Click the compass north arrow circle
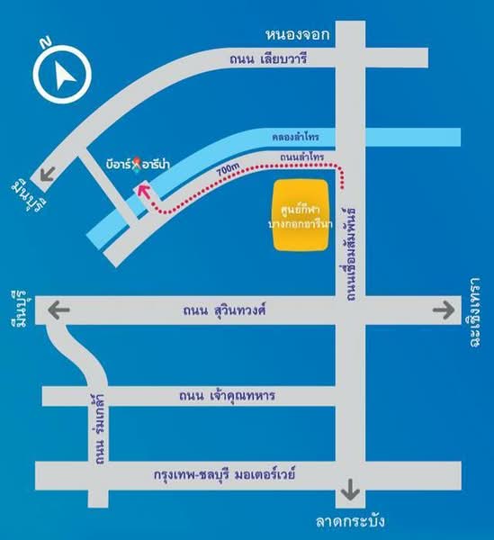click(x=61, y=76)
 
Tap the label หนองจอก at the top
click(x=297, y=34)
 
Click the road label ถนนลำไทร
click(x=301, y=158)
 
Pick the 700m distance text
click(x=229, y=168)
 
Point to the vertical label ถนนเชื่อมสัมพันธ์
click(x=351, y=238)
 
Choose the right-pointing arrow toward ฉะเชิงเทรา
click(x=442, y=310)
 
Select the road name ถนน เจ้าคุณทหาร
click(x=227, y=394)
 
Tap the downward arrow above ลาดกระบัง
click(x=350, y=494)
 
